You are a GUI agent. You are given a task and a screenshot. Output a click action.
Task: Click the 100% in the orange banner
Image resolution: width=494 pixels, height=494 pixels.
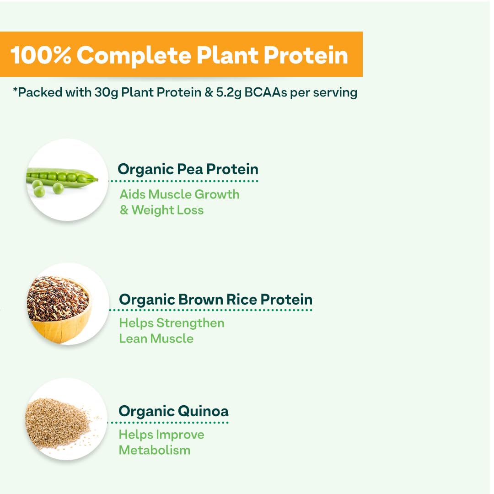[x=41, y=55]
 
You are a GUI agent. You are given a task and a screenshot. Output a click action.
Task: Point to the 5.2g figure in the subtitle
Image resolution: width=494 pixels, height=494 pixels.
[x=229, y=93]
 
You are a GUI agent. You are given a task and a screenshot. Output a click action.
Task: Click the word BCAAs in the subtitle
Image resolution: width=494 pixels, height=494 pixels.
[x=266, y=92]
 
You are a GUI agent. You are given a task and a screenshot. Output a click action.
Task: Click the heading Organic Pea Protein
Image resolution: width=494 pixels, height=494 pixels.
[x=188, y=170]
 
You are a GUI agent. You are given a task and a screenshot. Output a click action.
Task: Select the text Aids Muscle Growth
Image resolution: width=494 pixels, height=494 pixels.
[x=180, y=194]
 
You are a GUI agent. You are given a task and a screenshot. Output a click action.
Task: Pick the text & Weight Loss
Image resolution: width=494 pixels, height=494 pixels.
[x=161, y=210]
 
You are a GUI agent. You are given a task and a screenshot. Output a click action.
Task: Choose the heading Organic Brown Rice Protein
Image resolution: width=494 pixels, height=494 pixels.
[x=216, y=300]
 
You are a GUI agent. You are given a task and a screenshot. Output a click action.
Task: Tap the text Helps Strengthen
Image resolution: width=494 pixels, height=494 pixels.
[x=172, y=323]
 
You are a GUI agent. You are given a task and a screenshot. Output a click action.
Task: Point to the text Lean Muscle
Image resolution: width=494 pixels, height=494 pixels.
[x=156, y=338]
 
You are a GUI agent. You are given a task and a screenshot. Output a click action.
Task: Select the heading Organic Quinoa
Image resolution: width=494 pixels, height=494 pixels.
[x=174, y=412]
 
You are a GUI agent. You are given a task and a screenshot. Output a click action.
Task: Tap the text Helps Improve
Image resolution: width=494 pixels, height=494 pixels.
[x=161, y=435]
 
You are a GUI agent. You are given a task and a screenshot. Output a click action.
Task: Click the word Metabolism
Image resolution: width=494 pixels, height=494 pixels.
[x=155, y=450]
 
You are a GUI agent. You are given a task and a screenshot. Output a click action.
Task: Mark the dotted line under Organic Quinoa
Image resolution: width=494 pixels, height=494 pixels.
[x=168, y=422]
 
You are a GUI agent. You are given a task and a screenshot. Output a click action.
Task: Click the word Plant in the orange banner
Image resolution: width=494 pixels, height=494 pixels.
[x=228, y=55]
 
